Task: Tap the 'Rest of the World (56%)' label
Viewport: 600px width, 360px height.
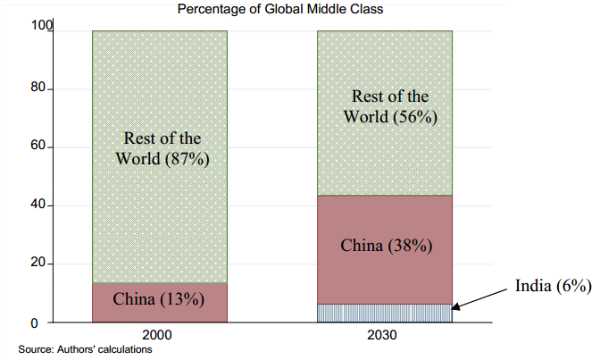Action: [x=387, y=106]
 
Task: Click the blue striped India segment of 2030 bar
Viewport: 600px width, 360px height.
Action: [x=385, y=313]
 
